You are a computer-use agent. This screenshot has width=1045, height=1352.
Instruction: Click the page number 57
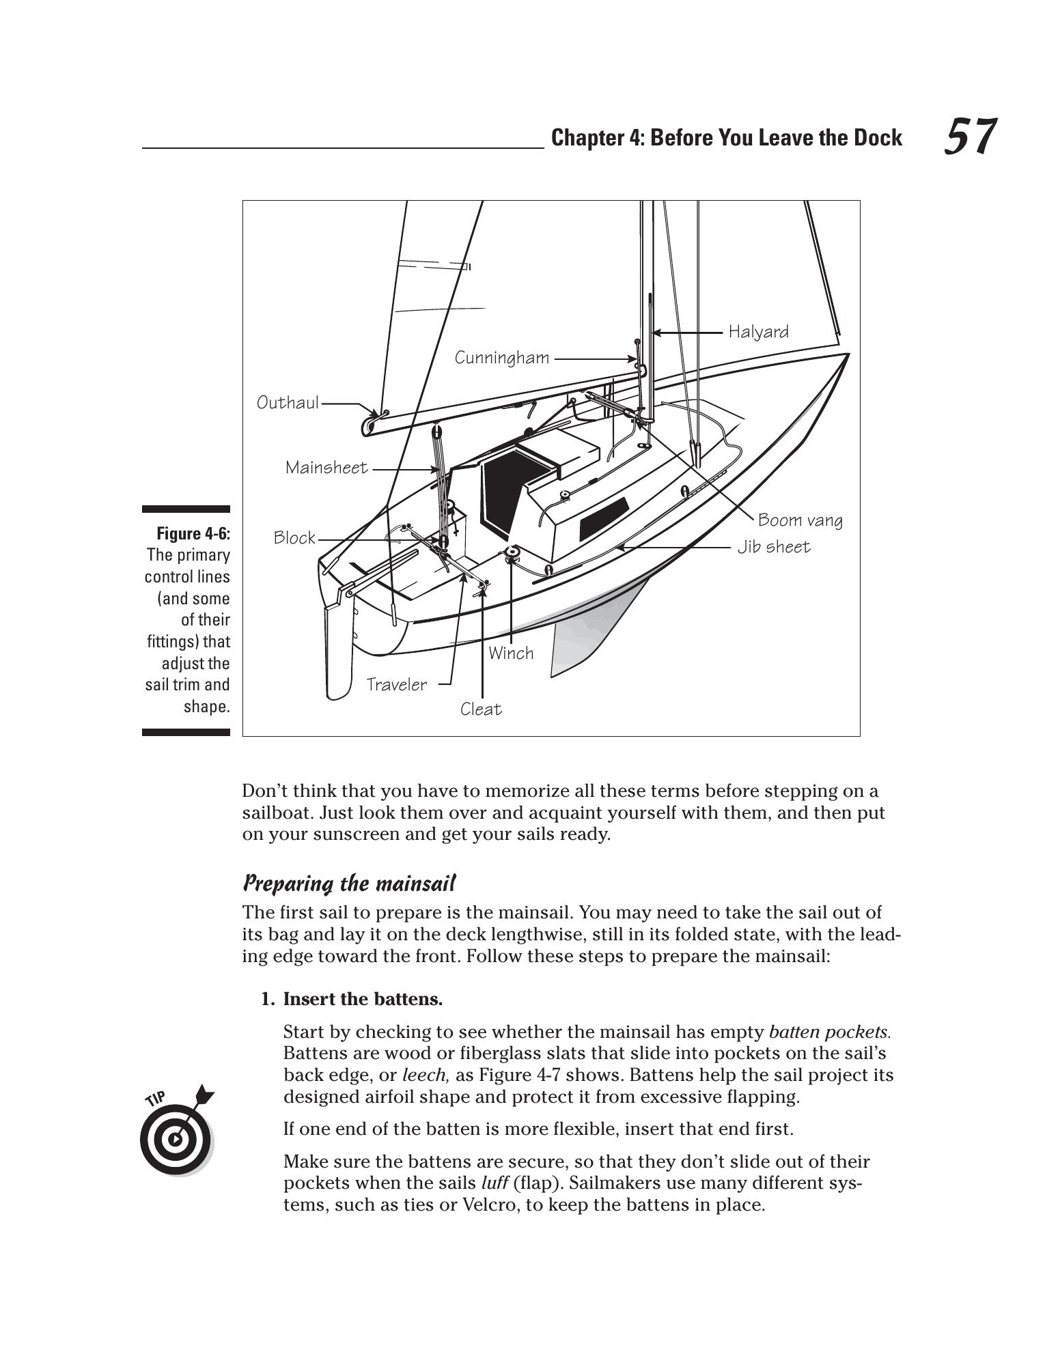pos(970,137)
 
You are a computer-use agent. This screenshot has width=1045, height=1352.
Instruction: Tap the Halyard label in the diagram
pos(758,332)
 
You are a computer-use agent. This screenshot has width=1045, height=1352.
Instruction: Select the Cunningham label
pos(502,358)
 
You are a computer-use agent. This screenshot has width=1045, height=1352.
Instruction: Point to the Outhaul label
pos(288,403)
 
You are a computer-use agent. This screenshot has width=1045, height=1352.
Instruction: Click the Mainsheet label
pos(326,468)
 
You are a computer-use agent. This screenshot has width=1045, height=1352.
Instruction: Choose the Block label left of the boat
pos(294,538)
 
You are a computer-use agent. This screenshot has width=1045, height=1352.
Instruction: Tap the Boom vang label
pos(800,520)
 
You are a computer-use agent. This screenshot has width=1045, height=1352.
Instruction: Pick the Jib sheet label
pos(773,547)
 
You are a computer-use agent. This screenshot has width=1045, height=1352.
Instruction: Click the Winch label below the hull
pos(511,653)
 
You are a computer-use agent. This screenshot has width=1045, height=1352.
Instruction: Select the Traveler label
pos(396,685)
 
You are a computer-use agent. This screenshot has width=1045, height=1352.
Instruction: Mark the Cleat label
pos(481,709)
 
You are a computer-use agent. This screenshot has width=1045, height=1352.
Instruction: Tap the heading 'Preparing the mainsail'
pos(349,884)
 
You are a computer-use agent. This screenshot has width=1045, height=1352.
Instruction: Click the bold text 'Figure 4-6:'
pos(193,533)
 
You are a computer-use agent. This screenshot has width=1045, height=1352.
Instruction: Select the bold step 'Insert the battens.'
pos(363,999)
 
